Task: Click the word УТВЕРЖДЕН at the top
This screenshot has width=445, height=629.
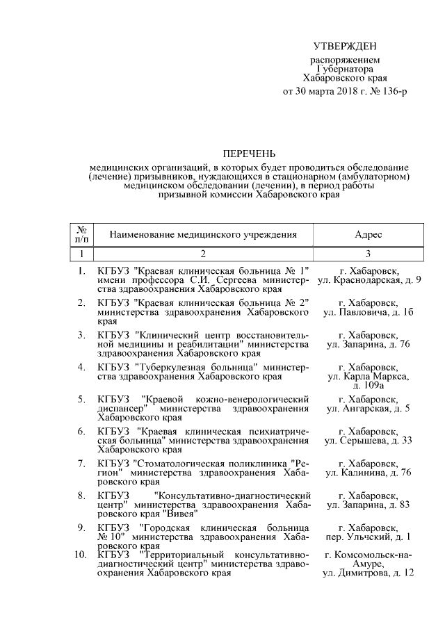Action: coord(345,47)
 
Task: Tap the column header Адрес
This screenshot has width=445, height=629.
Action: coord(368,235)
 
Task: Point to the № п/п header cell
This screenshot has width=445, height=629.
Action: coord(81,234)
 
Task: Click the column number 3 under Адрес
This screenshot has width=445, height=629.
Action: coord(368,254)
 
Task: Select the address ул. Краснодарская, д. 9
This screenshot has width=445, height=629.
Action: coord(369,279)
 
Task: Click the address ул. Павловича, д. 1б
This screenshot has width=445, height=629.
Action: coord(369,313)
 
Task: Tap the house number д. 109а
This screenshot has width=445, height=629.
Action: coord(369,385)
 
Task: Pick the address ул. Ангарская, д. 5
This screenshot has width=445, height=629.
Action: coord(369,409)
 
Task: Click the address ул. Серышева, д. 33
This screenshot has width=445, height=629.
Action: coord(369,441)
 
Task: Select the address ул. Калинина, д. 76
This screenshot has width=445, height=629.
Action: coord(369,473)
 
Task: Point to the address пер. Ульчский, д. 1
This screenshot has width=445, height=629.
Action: coord(369,537)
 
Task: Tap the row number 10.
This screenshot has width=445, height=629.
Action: coord(80,555)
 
